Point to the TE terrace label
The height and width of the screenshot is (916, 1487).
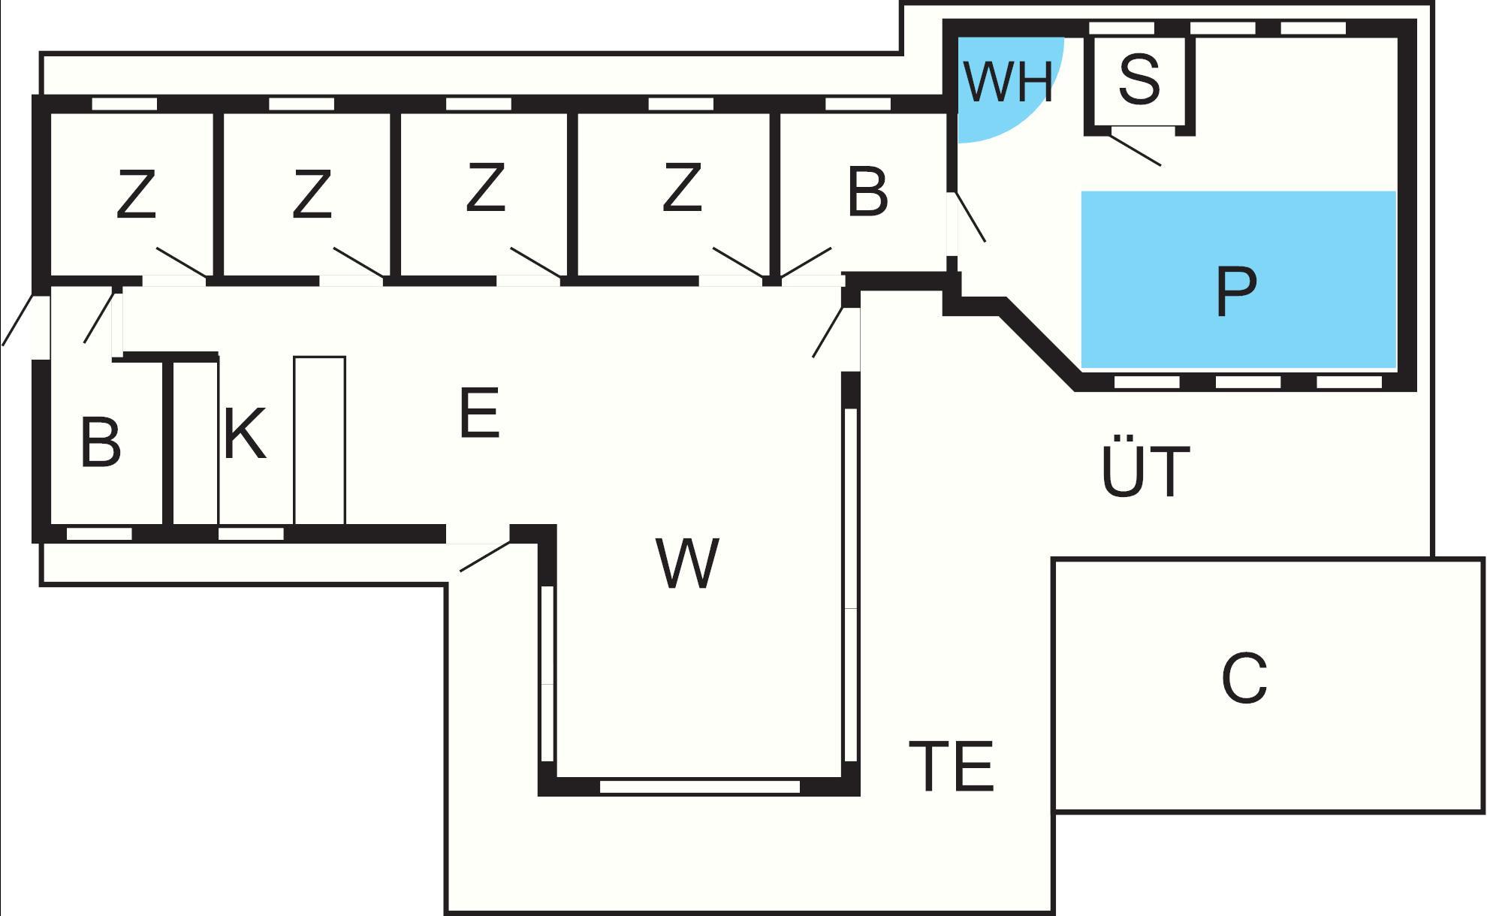[952, 767]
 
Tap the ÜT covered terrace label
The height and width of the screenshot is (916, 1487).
[1145, 469]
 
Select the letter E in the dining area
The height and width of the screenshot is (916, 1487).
[479, 412]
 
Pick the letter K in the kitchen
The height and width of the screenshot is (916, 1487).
[245, 433]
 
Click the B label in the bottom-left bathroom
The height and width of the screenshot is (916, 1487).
[100, 443]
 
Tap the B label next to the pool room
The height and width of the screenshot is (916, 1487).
[867, 192]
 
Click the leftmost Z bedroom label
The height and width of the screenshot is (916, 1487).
[136, 194]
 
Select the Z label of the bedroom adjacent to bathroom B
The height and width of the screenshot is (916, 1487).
[682, 188]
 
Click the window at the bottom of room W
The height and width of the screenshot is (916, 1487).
[699, 787]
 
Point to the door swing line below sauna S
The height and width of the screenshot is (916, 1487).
[1135, 150]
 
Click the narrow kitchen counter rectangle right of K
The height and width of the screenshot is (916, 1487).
[320, 440]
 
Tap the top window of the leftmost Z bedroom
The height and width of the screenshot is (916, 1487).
[125, 104]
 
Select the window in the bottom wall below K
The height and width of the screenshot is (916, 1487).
[251, 534]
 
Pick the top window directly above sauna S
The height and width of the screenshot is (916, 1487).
[1121, 29]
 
